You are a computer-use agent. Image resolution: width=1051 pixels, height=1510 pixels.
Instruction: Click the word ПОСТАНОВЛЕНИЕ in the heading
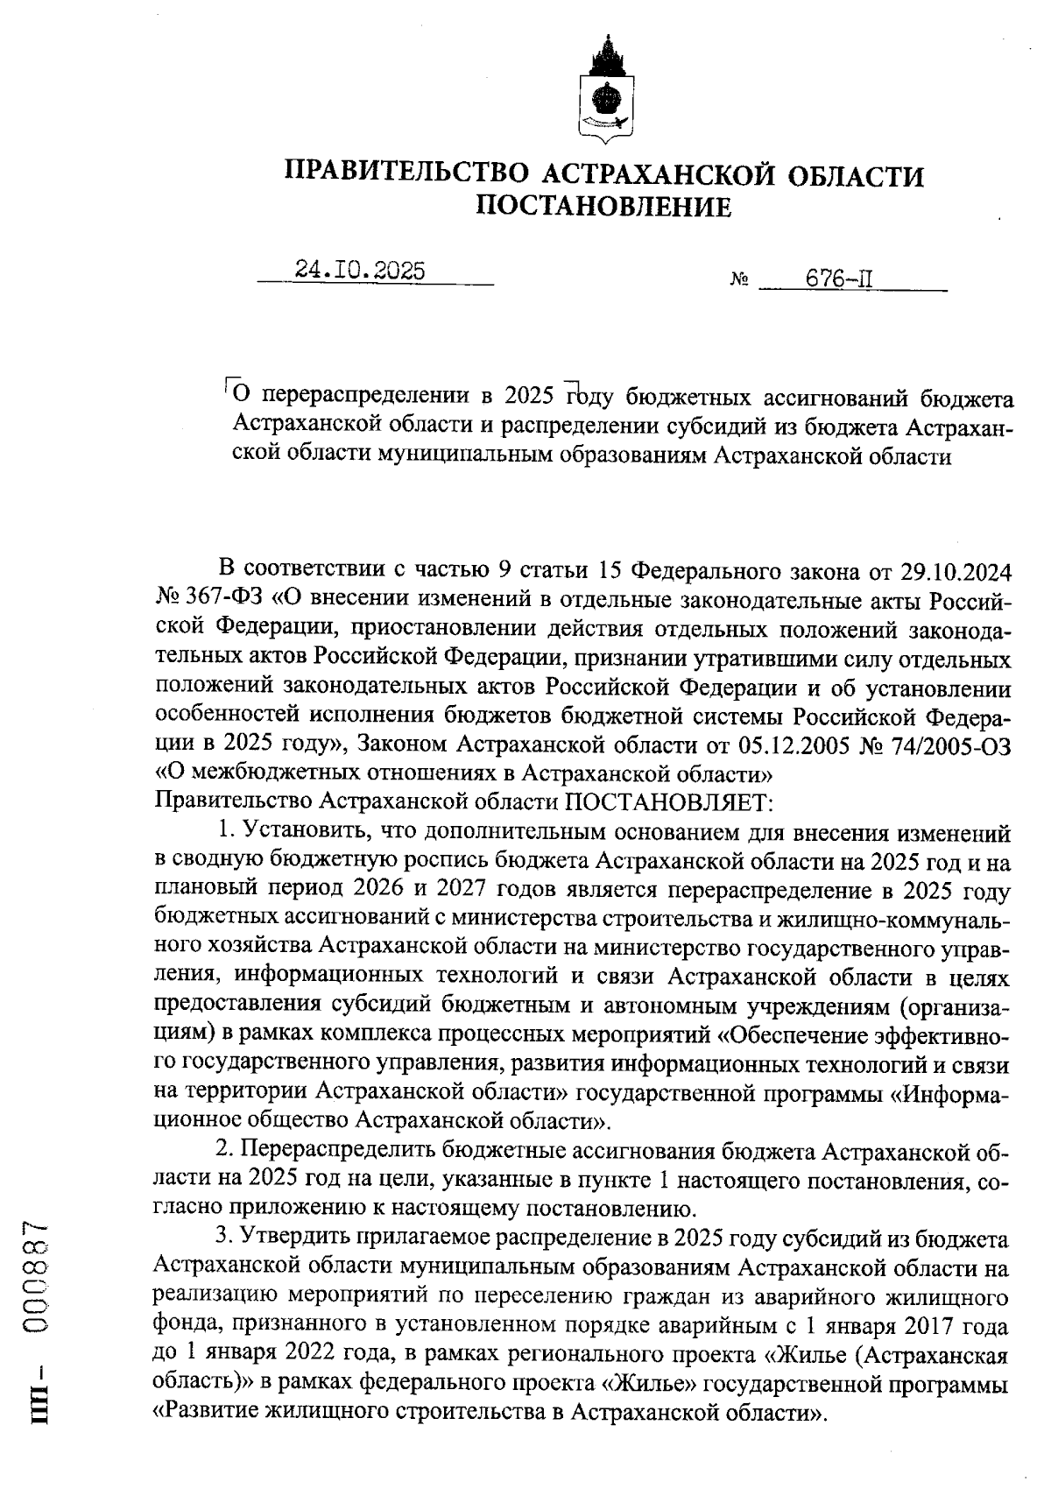pyautogui.click(x=603, y=207)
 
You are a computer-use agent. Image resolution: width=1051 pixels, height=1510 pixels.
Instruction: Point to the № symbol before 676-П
pyautogui.click(x=738, y=282)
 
